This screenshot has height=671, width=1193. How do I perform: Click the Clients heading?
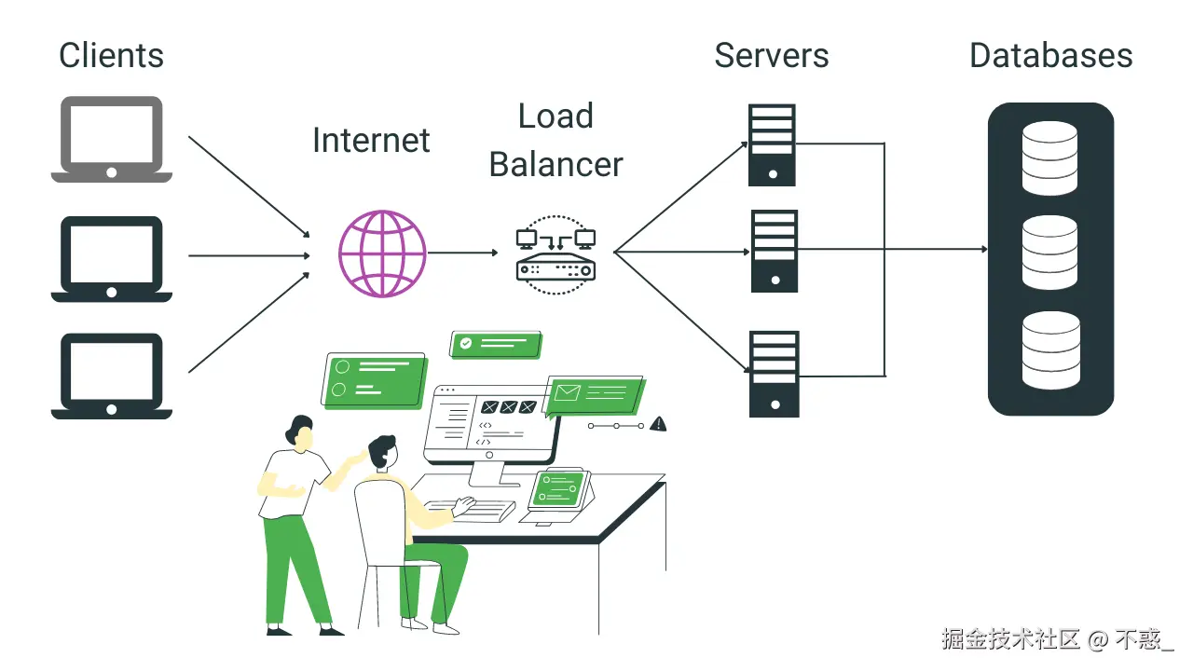(x=111, y=55)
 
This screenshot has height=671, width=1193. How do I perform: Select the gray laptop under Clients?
(x=111, y=140)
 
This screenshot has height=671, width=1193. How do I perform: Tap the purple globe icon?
(x=381, y=253)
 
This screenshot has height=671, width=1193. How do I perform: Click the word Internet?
(x=371, y=141)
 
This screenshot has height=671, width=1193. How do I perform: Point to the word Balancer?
(x=555, y=164)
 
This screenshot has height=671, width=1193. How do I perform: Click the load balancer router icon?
(x=555, y=254)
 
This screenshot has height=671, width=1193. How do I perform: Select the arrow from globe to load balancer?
(x=463, y=253)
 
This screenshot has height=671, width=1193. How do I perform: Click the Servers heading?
(x=771, y=55)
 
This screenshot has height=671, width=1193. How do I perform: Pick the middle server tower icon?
(x=774, y=251)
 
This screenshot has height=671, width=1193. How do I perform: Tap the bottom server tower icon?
(x=774, y=374)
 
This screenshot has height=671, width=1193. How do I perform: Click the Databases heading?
(x=1050, y=55)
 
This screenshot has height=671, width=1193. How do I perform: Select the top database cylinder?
(x=1049, y=157)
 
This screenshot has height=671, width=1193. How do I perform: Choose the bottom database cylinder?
(x=1049, y=350)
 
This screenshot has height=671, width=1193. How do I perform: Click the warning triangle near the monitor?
(x=659, y=424)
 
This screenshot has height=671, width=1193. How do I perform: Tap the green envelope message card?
(x=593, y=393)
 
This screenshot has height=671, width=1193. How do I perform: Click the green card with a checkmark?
(x=495, y=344)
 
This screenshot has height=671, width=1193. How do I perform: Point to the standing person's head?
(x=299, y=431)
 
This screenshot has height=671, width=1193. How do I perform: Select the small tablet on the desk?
(x=560, y=489)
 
